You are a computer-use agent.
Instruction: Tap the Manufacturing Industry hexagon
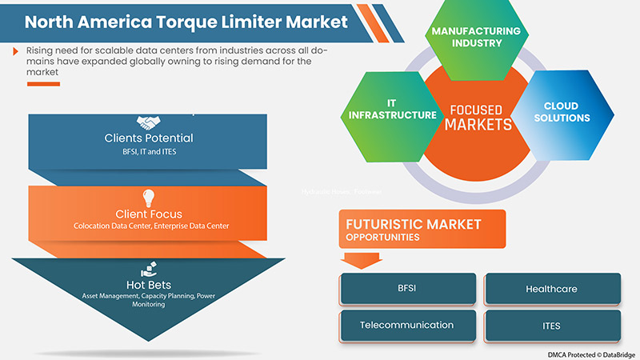[476, 38]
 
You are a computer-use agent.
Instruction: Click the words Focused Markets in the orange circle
[478, 117]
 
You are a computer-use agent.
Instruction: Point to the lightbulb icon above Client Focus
[148, 198]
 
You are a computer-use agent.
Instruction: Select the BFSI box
[407, 289]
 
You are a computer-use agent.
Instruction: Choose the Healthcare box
[552, 289]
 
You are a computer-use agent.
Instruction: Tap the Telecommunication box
[407, 326]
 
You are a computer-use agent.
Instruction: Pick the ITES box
[552, 326]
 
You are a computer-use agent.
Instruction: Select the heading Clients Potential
[149, 138]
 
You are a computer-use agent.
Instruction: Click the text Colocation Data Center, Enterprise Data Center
[149, 226]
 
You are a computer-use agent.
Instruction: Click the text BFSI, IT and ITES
[149, 151]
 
